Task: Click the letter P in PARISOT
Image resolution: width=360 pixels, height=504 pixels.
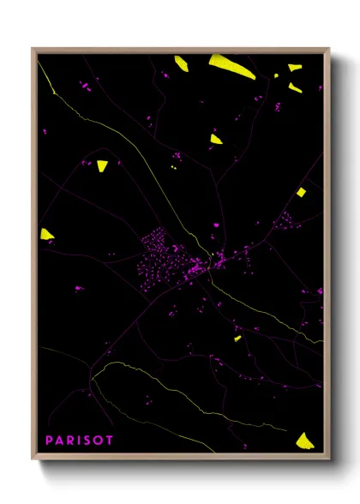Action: pos(49,440)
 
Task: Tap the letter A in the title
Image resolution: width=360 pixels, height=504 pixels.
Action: pos(59,440)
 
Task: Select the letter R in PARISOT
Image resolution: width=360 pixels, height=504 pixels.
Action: pos(70,440)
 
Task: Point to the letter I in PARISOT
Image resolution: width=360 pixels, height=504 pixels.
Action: pos(79,440)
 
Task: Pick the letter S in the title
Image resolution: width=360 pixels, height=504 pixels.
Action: pos(87,440)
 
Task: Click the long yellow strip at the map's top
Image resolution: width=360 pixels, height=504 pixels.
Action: pos(231,66)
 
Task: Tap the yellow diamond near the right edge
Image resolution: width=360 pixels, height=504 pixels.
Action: pos(301,192)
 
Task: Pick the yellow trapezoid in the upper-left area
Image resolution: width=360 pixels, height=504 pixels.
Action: pos(102,165)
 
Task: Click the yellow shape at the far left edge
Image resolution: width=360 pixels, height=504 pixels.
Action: pos(47,233)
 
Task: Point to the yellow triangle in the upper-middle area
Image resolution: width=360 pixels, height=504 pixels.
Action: pos(216,138)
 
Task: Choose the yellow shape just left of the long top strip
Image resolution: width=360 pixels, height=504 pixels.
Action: pos(182,62)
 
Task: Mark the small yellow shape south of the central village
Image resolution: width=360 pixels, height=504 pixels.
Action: pos(237,339)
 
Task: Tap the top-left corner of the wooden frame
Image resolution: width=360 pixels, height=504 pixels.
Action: pos(33,49)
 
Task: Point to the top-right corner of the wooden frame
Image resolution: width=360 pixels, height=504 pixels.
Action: pos(329,49)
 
